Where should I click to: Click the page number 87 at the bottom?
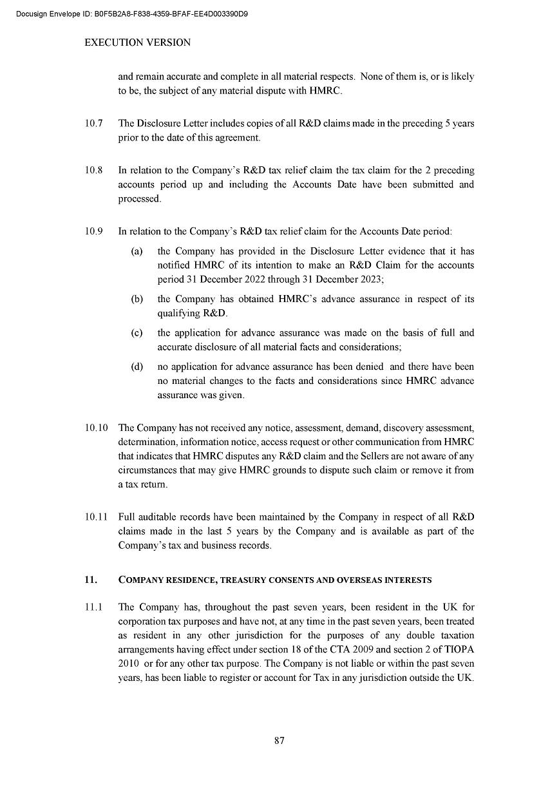click(x=279, y=740)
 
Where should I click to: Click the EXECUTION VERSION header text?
click(x=138, y=43)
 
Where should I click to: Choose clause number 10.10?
click(x=96, y=428)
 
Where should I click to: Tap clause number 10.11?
click(x=96, y=517)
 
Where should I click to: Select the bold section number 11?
click(x=91, y=580)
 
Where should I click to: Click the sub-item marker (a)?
click(x=137, y=251)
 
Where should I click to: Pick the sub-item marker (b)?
click(x=137, y=299)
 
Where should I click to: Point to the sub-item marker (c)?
click(x=137, y=333)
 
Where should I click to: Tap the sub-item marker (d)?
click(x=137, y=367)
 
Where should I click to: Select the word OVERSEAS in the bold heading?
click(x=355, y=580)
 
